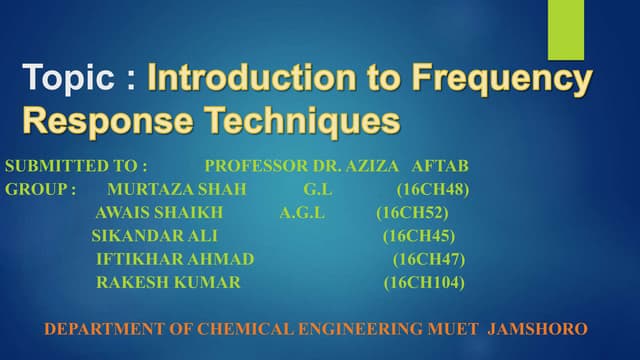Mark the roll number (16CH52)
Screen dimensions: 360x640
(412, 213)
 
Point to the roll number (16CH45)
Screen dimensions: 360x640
(418, 237)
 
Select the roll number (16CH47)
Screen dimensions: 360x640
(428, 260)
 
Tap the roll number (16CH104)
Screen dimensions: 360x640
(424, 283)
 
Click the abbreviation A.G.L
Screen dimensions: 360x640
(302, 213)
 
